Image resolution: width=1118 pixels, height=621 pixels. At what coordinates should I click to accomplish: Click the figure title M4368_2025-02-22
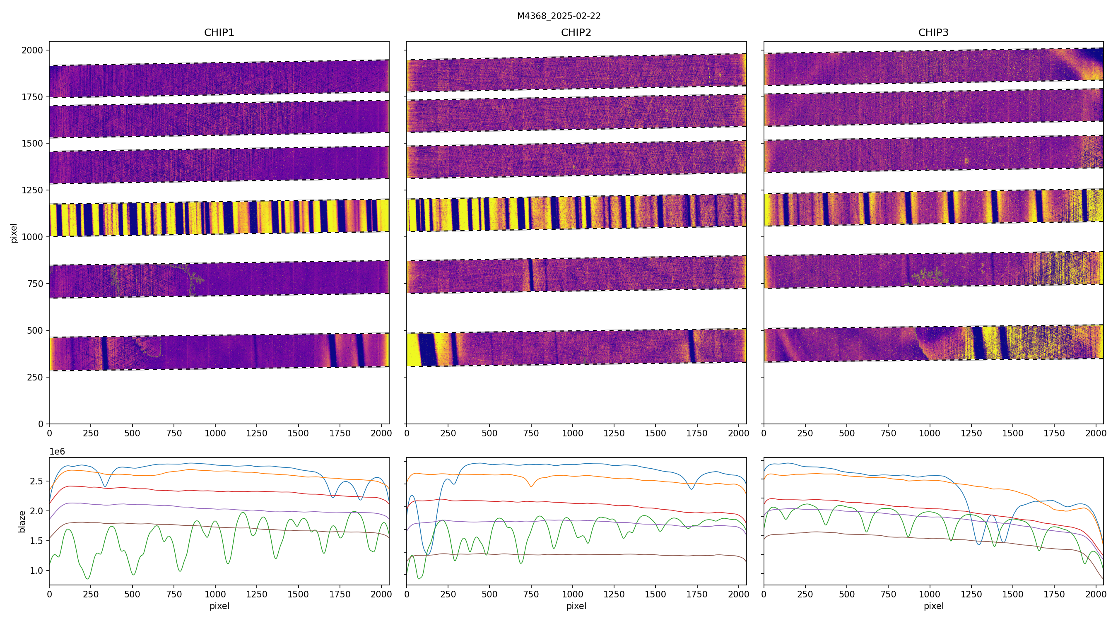(559, 16)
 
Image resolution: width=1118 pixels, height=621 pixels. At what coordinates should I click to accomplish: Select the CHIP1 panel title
(219, 33)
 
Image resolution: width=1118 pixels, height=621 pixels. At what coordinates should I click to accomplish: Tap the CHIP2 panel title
(576, 33)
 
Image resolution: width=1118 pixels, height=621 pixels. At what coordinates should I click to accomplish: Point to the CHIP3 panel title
(933, 33)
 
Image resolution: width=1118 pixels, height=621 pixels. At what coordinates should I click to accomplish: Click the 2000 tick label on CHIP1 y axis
(33, 51)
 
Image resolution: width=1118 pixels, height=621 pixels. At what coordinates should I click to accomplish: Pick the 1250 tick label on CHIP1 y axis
(33, 190)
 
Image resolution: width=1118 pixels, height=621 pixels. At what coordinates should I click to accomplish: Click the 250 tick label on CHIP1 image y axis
(35, 377)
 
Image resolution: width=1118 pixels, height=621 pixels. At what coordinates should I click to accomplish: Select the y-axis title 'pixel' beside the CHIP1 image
(14, 233)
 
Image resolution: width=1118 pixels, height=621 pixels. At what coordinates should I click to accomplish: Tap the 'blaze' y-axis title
(22, 522)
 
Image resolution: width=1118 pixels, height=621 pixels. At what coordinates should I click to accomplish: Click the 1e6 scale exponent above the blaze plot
(57, 452)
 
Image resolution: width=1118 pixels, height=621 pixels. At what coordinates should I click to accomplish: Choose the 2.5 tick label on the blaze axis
(36, 481)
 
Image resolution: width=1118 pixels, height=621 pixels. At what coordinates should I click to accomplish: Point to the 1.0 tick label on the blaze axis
(36, 570)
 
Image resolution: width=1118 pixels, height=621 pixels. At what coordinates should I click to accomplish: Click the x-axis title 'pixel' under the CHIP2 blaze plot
(576, 606)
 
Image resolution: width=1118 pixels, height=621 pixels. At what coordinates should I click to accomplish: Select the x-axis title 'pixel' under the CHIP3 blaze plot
(933, 606)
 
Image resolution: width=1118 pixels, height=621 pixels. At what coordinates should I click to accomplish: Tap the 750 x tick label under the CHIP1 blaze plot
(173, 594)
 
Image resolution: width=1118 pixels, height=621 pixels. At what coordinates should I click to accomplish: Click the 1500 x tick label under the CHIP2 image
(655, 433)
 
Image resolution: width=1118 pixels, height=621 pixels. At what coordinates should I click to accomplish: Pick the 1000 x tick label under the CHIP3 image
(930, 433)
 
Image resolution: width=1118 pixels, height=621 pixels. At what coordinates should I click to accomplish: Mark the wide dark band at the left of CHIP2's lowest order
(427, 350)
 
